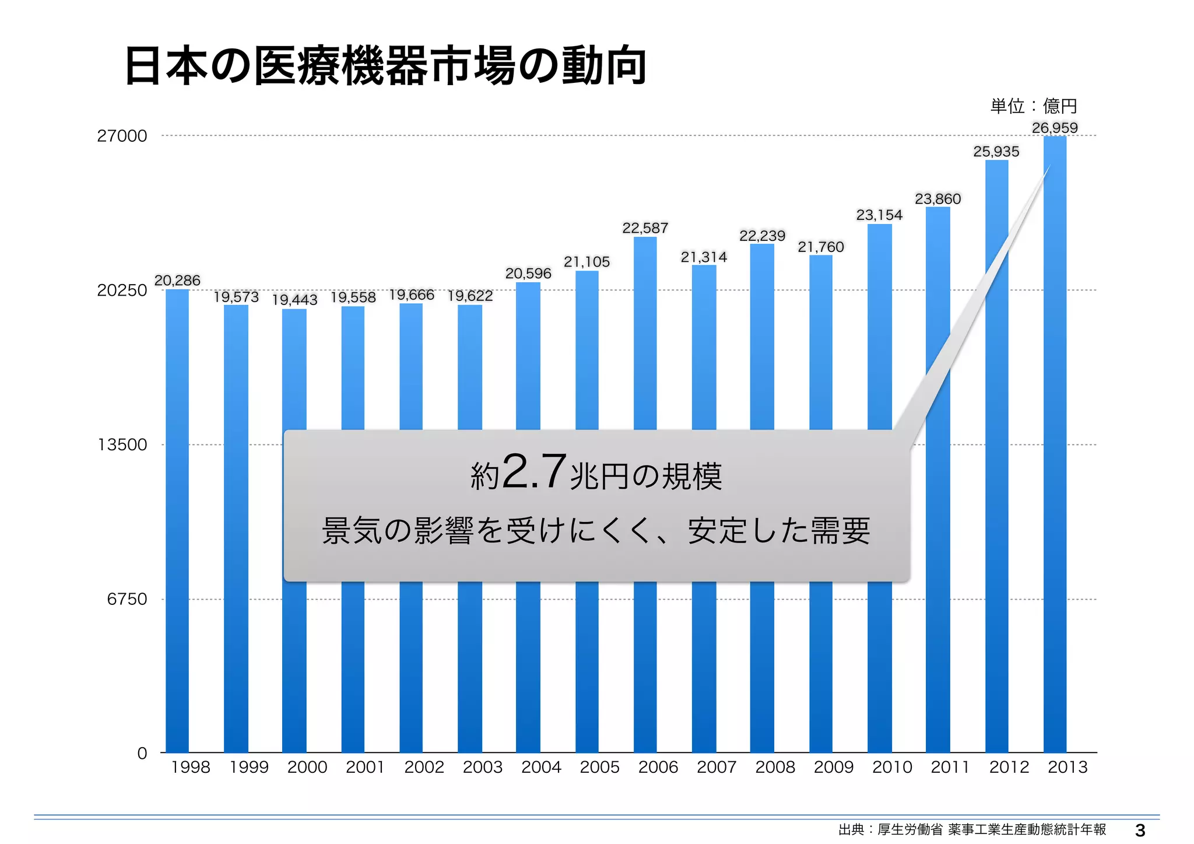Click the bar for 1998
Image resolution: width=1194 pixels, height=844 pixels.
(177, 519)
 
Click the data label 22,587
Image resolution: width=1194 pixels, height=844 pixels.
(645, 228)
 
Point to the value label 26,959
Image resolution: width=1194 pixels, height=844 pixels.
(1055, 128)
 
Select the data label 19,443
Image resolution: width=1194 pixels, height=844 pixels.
(294, 300)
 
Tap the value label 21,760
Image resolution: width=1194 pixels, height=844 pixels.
(821, 247)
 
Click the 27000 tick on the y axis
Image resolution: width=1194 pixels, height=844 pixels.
(122, 136)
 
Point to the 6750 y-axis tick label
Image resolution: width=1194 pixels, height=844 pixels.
(127, 599)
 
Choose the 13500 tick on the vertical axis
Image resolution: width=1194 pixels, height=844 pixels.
(122, 444)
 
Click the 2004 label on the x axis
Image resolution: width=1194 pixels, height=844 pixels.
(541, 767)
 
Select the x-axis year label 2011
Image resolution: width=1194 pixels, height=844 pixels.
(950, 767)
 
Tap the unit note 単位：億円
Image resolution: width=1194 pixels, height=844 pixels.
(1033, 106)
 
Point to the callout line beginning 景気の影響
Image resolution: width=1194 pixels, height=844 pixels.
(596, 531)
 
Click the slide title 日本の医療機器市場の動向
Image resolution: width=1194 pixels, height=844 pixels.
(385, 65)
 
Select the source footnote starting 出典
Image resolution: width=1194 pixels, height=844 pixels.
(972, 829)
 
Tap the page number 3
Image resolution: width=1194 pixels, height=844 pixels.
(1140, 830)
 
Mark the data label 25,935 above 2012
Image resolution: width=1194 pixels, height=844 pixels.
(996, 152)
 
